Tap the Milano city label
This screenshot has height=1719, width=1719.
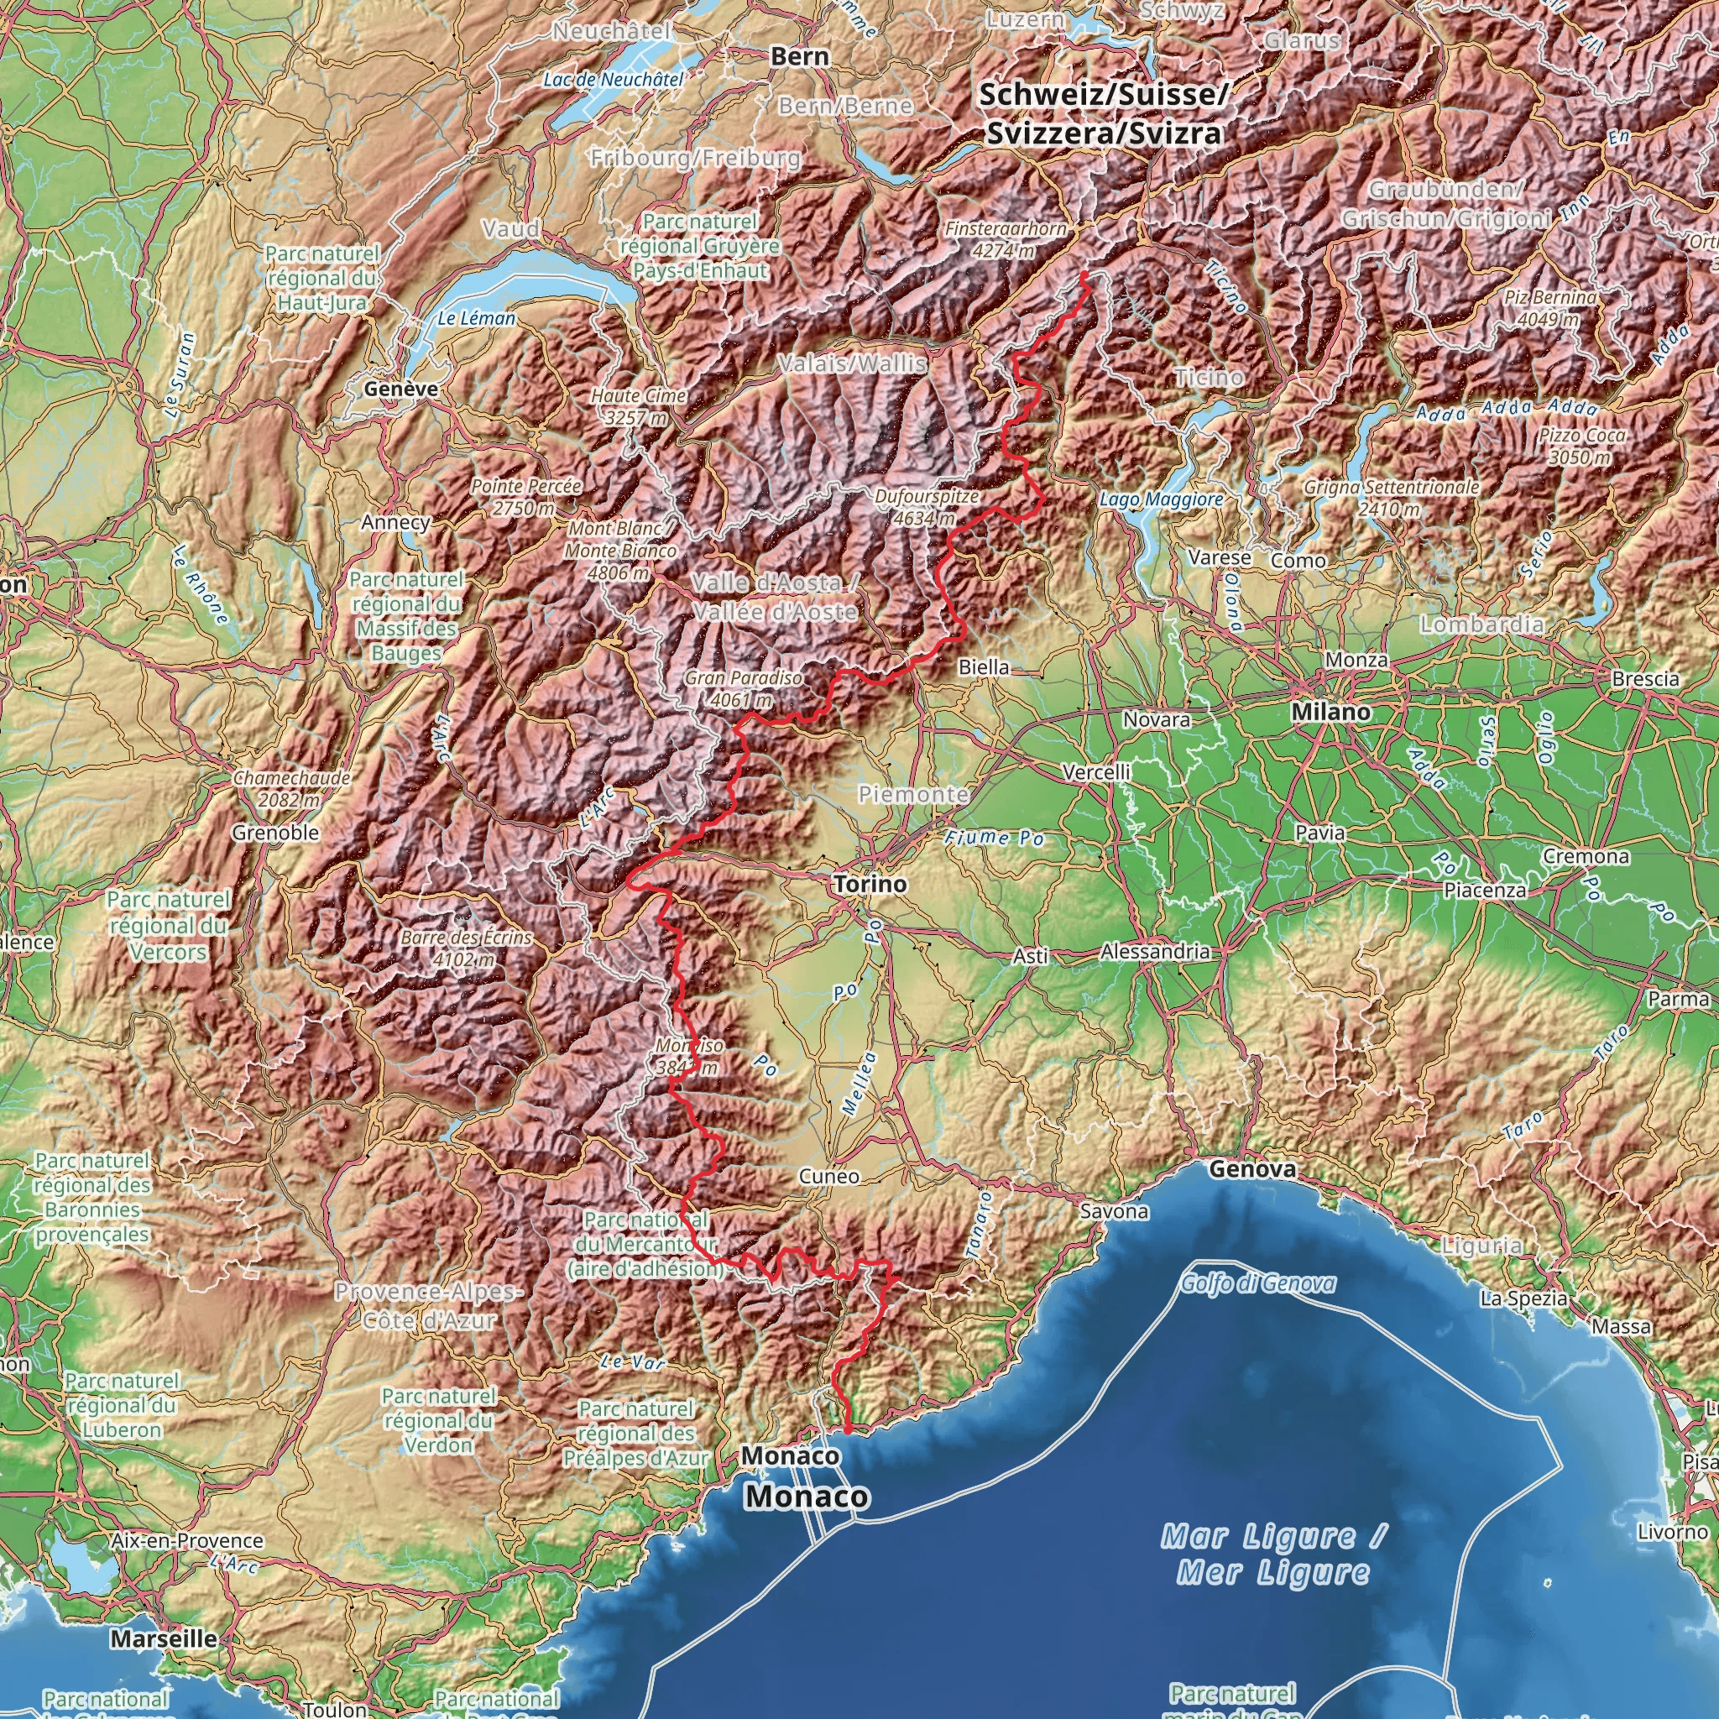[1331, 712]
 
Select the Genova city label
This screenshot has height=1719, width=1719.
[1253, 1169]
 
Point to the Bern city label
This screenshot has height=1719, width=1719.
[799, 57]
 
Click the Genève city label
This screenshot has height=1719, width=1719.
[400, 389]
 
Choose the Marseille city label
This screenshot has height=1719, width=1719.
[164, 1639]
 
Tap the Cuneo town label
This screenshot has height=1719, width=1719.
[828, 1176]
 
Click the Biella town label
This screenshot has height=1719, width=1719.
[984, 667]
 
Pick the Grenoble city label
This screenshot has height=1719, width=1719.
[276, 833]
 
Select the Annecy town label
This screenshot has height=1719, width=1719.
[396, 522]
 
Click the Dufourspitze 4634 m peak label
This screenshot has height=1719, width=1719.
[927, 507]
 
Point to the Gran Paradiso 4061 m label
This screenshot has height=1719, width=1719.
[743, 688]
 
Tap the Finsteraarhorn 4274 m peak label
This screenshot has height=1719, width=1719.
[1006, 239]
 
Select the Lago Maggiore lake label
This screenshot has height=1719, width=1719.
[1161, 500]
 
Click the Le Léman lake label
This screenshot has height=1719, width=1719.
[476, 318]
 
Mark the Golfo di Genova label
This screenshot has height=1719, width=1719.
[1258, 1283]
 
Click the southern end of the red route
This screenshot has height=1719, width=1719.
[847, 1433]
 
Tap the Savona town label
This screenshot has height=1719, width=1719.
[1114, 1212]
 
